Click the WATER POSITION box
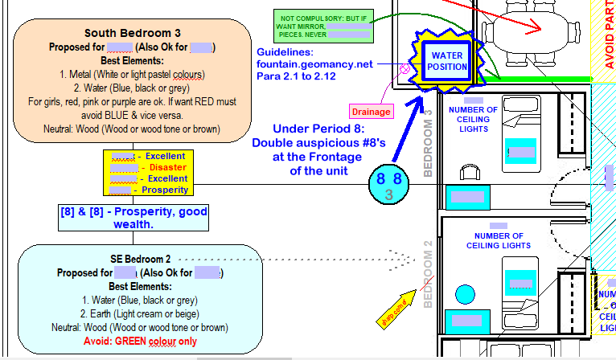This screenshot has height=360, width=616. pyautogui.click(x=446, y=60)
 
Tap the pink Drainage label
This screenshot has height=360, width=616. pyautogui.click(x=371, y=112)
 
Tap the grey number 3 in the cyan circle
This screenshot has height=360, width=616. pyautogui.click(x=388, y=194)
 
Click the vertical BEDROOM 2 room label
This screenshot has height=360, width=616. pyautogui.click(x=429, y=274)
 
